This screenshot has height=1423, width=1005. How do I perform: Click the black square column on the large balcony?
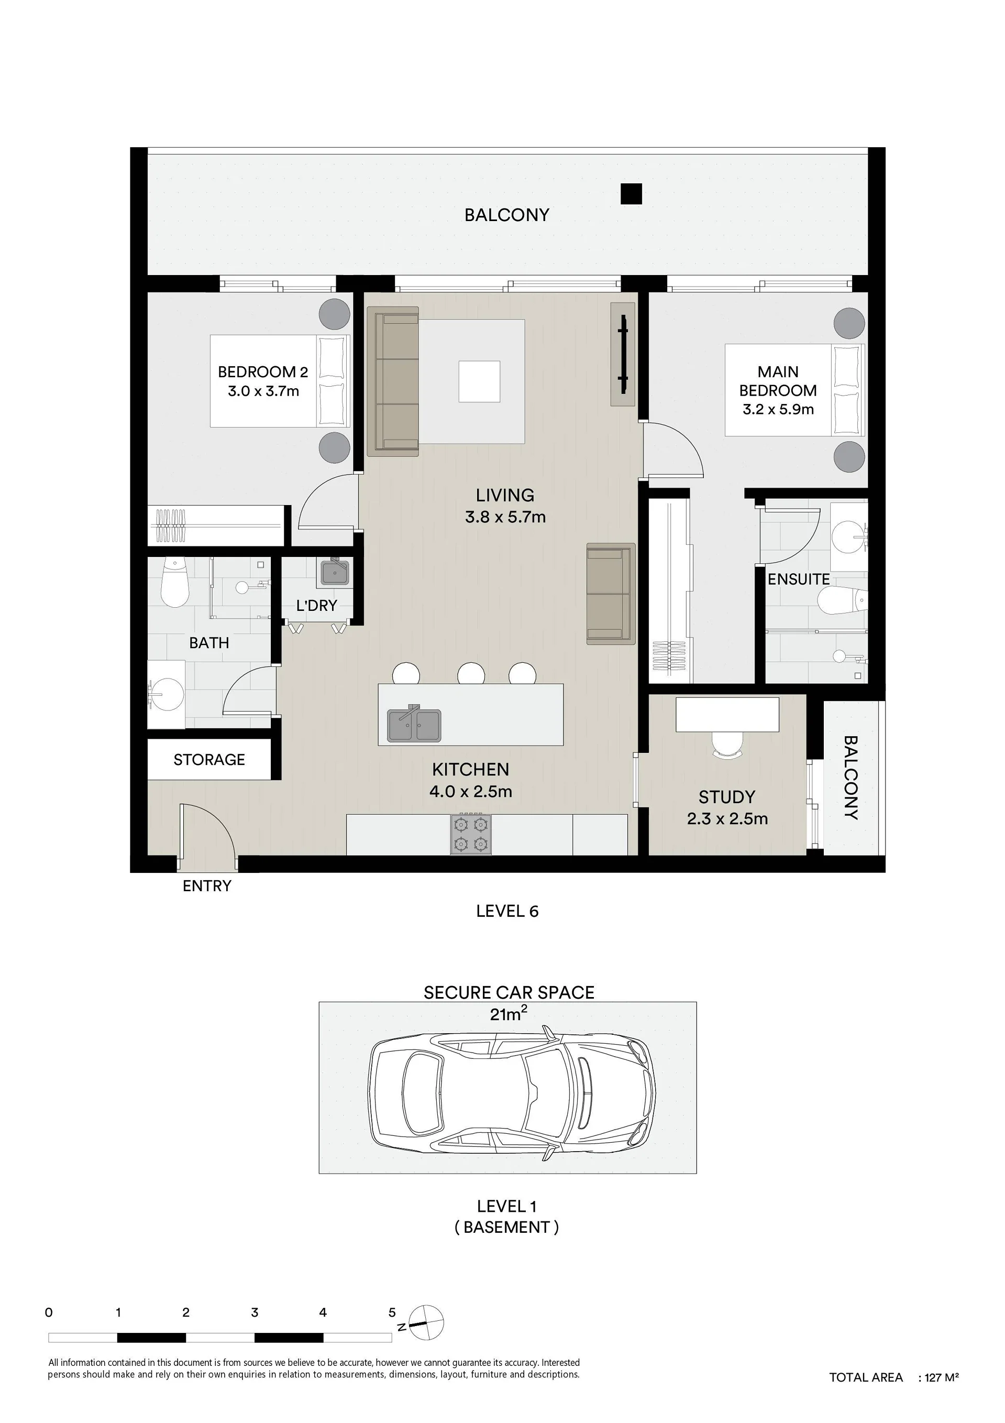point(632,194)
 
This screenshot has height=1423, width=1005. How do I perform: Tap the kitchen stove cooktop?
point(471,834)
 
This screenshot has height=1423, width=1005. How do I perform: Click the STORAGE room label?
point(209,759)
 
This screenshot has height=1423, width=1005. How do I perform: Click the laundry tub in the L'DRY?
point(335,572)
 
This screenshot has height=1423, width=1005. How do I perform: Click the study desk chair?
point(727,745)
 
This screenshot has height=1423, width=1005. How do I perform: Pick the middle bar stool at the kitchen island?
point(471,673)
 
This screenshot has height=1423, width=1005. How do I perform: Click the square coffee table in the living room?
point(479,382)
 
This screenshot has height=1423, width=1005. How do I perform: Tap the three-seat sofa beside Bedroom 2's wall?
point(393,382)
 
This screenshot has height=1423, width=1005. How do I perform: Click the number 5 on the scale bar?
point(392,1312)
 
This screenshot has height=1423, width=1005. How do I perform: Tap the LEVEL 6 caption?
point(507,911)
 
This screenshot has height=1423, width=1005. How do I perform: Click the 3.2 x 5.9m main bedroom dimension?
point(778,409)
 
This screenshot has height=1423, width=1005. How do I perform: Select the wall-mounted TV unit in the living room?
point(623,355)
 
